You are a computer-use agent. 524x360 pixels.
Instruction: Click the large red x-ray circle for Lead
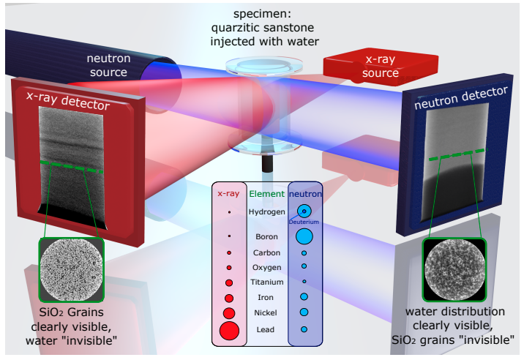click(x=229, y=331)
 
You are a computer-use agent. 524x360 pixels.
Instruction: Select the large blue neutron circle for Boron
click(x=304, y=236)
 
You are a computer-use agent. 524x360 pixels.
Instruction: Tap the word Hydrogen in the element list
click(x=266, y=212)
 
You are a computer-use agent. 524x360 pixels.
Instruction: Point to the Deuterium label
click(x=304, y=222)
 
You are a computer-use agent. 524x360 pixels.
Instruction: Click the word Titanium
click(x=267, y=282)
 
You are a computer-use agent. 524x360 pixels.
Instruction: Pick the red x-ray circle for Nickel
click(x=229, y=313)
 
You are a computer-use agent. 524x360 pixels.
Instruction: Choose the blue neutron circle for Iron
click(x=304, y=296)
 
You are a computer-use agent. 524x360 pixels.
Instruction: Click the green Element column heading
click(x=266, y=194)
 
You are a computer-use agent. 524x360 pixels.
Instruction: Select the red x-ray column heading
click(x=228, y=194)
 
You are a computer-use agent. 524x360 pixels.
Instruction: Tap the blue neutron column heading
click(x=305, y=194)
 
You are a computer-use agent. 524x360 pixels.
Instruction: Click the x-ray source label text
click(x=381, y=66)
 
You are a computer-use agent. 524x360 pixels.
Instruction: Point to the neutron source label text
click(x=108, y=65)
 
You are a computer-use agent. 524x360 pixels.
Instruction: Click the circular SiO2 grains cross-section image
click(x=71, y=269)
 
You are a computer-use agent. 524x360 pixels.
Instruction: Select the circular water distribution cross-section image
click(x=454, y=269)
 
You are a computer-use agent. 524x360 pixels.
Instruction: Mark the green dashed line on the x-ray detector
click(x=71, y=167)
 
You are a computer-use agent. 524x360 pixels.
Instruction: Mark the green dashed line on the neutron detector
click(x=457, y=154)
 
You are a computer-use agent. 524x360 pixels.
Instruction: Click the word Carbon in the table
click(x=266, y=252)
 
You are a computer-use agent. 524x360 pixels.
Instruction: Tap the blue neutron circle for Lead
click(x=304, y=329)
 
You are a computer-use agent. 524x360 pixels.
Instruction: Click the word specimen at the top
click(x=262, y=14)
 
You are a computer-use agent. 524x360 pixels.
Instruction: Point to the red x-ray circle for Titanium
click(x=229, y=282)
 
